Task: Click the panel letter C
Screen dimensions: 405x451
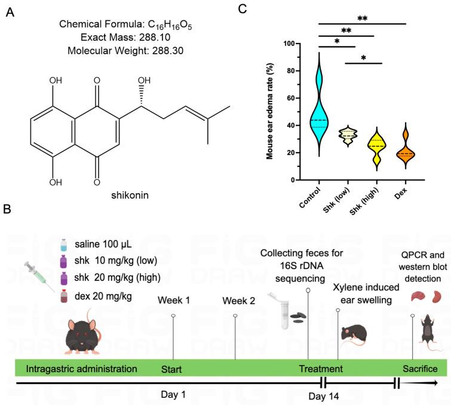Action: pyautogui.click(x=243, y=9)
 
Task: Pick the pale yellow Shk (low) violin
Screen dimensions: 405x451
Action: pyautogui.click(x=352, y=136)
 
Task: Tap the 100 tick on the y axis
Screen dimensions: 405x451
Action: pyautogui.click(x=289, y=44)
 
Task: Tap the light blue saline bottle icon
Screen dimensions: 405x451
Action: pyautogui.click(x=64, y=245)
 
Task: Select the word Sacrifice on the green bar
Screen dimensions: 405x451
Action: pyautogui.click(x=421, y=369)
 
